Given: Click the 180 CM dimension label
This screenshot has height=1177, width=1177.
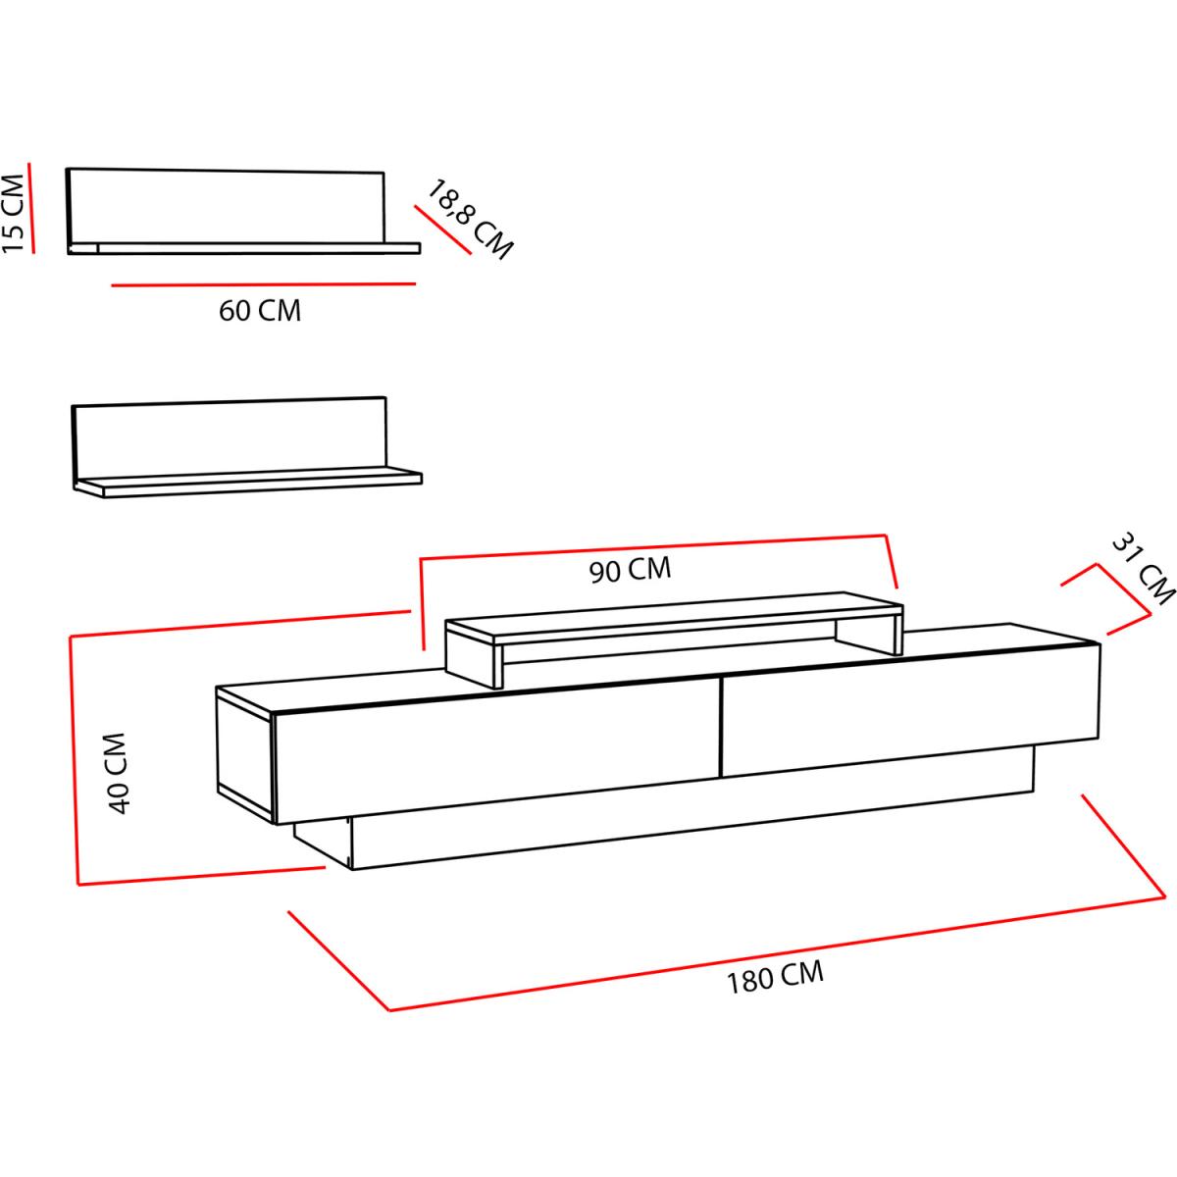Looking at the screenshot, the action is coord(775,977).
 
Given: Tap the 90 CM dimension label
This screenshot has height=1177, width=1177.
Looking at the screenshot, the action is coord(630,570).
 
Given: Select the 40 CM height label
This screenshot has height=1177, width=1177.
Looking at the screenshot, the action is coord(117,773).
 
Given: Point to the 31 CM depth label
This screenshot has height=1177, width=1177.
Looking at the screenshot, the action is coord(1142,569).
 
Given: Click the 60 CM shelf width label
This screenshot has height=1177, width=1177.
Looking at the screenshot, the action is coord(260,310).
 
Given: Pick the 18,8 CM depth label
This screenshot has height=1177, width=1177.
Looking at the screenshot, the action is coord(469,220).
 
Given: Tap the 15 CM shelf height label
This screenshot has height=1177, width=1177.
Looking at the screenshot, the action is coord(14,213).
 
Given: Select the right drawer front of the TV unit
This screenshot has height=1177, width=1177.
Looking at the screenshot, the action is coord(910,710).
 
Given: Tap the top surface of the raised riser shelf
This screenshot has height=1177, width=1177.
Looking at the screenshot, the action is coord(674,616).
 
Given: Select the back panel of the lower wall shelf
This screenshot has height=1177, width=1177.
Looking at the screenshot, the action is coord(230,436).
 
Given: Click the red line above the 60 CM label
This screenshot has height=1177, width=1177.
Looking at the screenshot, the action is coord(263,284).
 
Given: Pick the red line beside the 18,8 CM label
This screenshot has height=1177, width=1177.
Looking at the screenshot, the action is coord(442,230).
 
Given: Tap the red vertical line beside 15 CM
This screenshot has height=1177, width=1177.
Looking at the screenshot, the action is coord(31,208).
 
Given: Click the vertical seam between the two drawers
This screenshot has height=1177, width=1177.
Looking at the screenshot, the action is coord(721,727).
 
